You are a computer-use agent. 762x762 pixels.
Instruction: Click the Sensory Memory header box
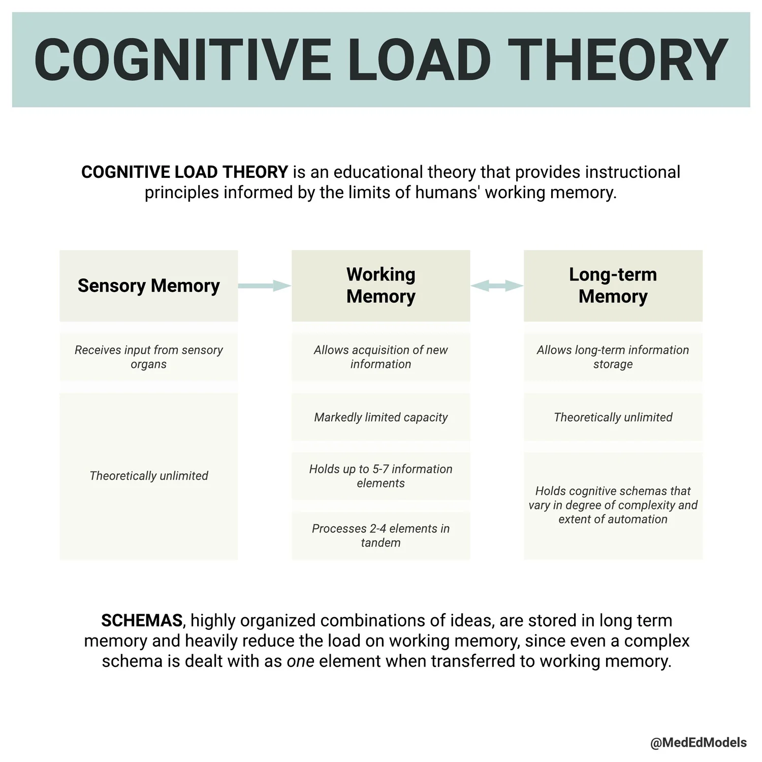point(148,285)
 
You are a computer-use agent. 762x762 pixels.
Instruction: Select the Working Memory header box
point(380,285)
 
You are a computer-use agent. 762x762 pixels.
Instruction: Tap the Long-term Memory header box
point(613,285)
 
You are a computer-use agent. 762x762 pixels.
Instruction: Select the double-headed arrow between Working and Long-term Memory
point(497,286)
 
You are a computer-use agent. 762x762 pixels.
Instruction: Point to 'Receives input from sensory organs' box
point(148,357)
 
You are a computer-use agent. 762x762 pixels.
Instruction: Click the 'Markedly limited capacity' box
point(380,417)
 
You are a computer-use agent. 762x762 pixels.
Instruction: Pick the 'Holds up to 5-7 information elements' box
point(380,476)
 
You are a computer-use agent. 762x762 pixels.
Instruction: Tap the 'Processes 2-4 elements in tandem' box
point(380,535)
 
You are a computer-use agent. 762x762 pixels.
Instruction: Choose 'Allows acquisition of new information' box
point(380,357)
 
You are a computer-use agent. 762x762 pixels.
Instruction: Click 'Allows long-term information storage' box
point(613,357)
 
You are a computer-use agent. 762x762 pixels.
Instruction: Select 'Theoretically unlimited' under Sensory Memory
point(148,476)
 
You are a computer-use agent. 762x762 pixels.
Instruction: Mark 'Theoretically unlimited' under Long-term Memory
point(613,417)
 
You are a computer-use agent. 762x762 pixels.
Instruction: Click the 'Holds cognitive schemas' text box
point(613,505)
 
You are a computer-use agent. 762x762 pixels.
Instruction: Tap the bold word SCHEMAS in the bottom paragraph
point(142,620)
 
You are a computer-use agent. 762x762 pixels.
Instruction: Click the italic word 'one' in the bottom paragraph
point(300,661)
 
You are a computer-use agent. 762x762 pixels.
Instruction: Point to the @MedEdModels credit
point(698,743)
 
